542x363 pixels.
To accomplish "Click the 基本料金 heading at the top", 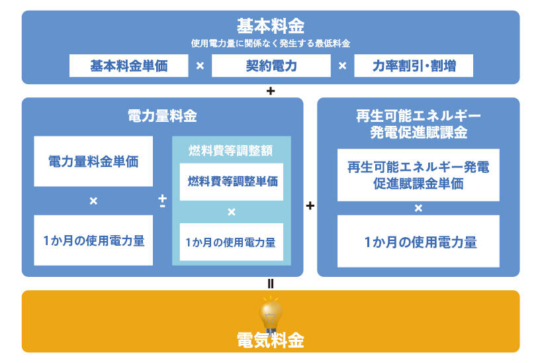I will pyautogui.click(x=271, y=26).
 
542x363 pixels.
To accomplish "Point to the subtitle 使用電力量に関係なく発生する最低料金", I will pyautogui.click(x=271, y=43).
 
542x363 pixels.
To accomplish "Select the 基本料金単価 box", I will pyautogui.click(x=129, y=66).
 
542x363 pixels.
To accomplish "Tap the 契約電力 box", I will pyautogui.click(x=271, y=66).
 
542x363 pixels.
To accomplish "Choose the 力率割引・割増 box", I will pyautogui.click(x=414, y=66).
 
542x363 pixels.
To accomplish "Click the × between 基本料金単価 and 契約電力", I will pyautogui.click(x=200, y=66).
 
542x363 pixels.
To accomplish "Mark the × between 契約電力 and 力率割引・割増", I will pyautogui.click(x=342, y=66).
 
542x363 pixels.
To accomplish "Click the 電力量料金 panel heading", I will pyautogui.click(x=162, y=117).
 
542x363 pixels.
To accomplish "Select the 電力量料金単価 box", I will pyautogui.click(x=93, y=161).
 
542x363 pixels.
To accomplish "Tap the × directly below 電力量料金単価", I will pyautogui.click(x=93, y=201).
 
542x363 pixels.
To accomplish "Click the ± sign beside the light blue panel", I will pyautogui.click(x=162, y=201).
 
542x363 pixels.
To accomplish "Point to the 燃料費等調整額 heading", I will pyautogui.click(x=232, y=150).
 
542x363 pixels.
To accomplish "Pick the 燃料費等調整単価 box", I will pyautogui.click(x=232, y=181).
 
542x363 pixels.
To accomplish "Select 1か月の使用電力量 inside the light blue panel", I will pyautogui.click(x=232, y=242).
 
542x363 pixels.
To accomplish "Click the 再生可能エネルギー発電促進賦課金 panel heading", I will pyautogui.click(x=418, y=124).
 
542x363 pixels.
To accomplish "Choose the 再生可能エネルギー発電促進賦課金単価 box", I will pyautogui.click(x=418, y=175).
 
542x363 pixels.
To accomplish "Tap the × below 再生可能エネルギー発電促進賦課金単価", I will pyautogui.click(x=418, y=208).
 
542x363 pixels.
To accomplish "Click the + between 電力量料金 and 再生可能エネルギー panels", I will pyautogui.click(x=310, y=206).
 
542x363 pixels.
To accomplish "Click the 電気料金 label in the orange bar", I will pyautogui.click(x=271, y=340).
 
